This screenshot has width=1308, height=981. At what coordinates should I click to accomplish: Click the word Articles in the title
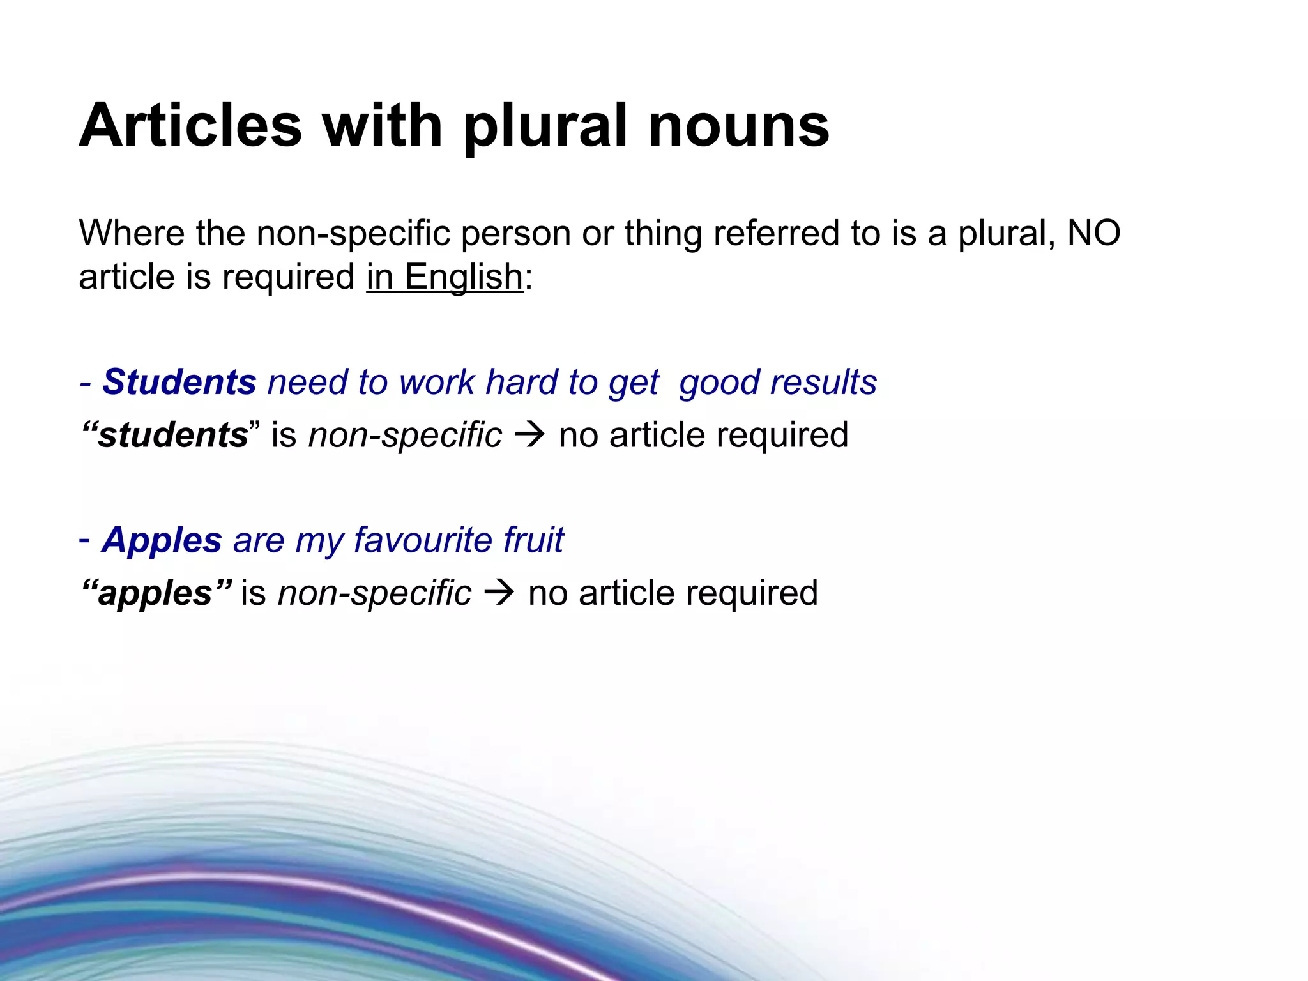click(x=190, y=125)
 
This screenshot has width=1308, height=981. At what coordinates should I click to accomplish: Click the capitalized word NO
click(x=1093, y=233)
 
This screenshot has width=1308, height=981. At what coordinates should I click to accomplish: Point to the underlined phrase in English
click(x=445, y=277)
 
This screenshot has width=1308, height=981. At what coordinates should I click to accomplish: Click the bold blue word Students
click(x=179, y=382)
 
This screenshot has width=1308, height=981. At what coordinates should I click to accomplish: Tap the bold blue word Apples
click(x=162, y=540)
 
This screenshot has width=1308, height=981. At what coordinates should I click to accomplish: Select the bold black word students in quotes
click(x=172, y=436)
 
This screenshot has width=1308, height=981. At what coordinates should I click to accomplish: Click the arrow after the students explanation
click(x=530, y=436)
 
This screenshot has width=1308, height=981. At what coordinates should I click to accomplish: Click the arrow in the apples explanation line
click(x=499, y=593)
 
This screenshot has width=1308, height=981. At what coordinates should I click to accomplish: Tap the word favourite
click(x=422, y=540)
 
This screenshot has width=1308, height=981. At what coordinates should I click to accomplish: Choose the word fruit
click(x=533, y=540)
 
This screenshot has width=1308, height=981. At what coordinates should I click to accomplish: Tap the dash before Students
click(x=85, y=383)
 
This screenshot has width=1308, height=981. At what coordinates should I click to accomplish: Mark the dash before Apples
click(x=84, y=541)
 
